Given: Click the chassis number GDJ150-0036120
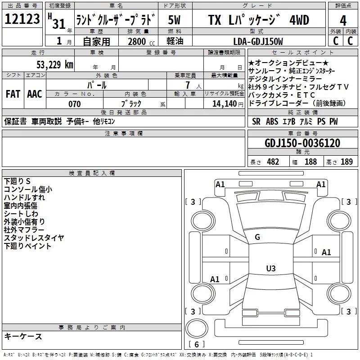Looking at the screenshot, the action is click(302, 143).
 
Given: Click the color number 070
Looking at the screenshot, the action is click(74, 104).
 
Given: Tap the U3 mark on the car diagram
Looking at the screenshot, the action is click(270, 269).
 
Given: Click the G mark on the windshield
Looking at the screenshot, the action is click(257, 237).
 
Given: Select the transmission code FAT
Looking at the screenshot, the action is click(13, 94).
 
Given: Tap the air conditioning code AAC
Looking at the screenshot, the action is click(35, 94).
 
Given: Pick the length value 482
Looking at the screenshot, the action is click(273, 162).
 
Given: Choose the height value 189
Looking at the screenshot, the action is click(346, 162).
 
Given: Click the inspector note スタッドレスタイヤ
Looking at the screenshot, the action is click(34, 238).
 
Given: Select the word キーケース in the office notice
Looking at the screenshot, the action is click(23, 336).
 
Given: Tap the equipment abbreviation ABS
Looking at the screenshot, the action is click(272, 121).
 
